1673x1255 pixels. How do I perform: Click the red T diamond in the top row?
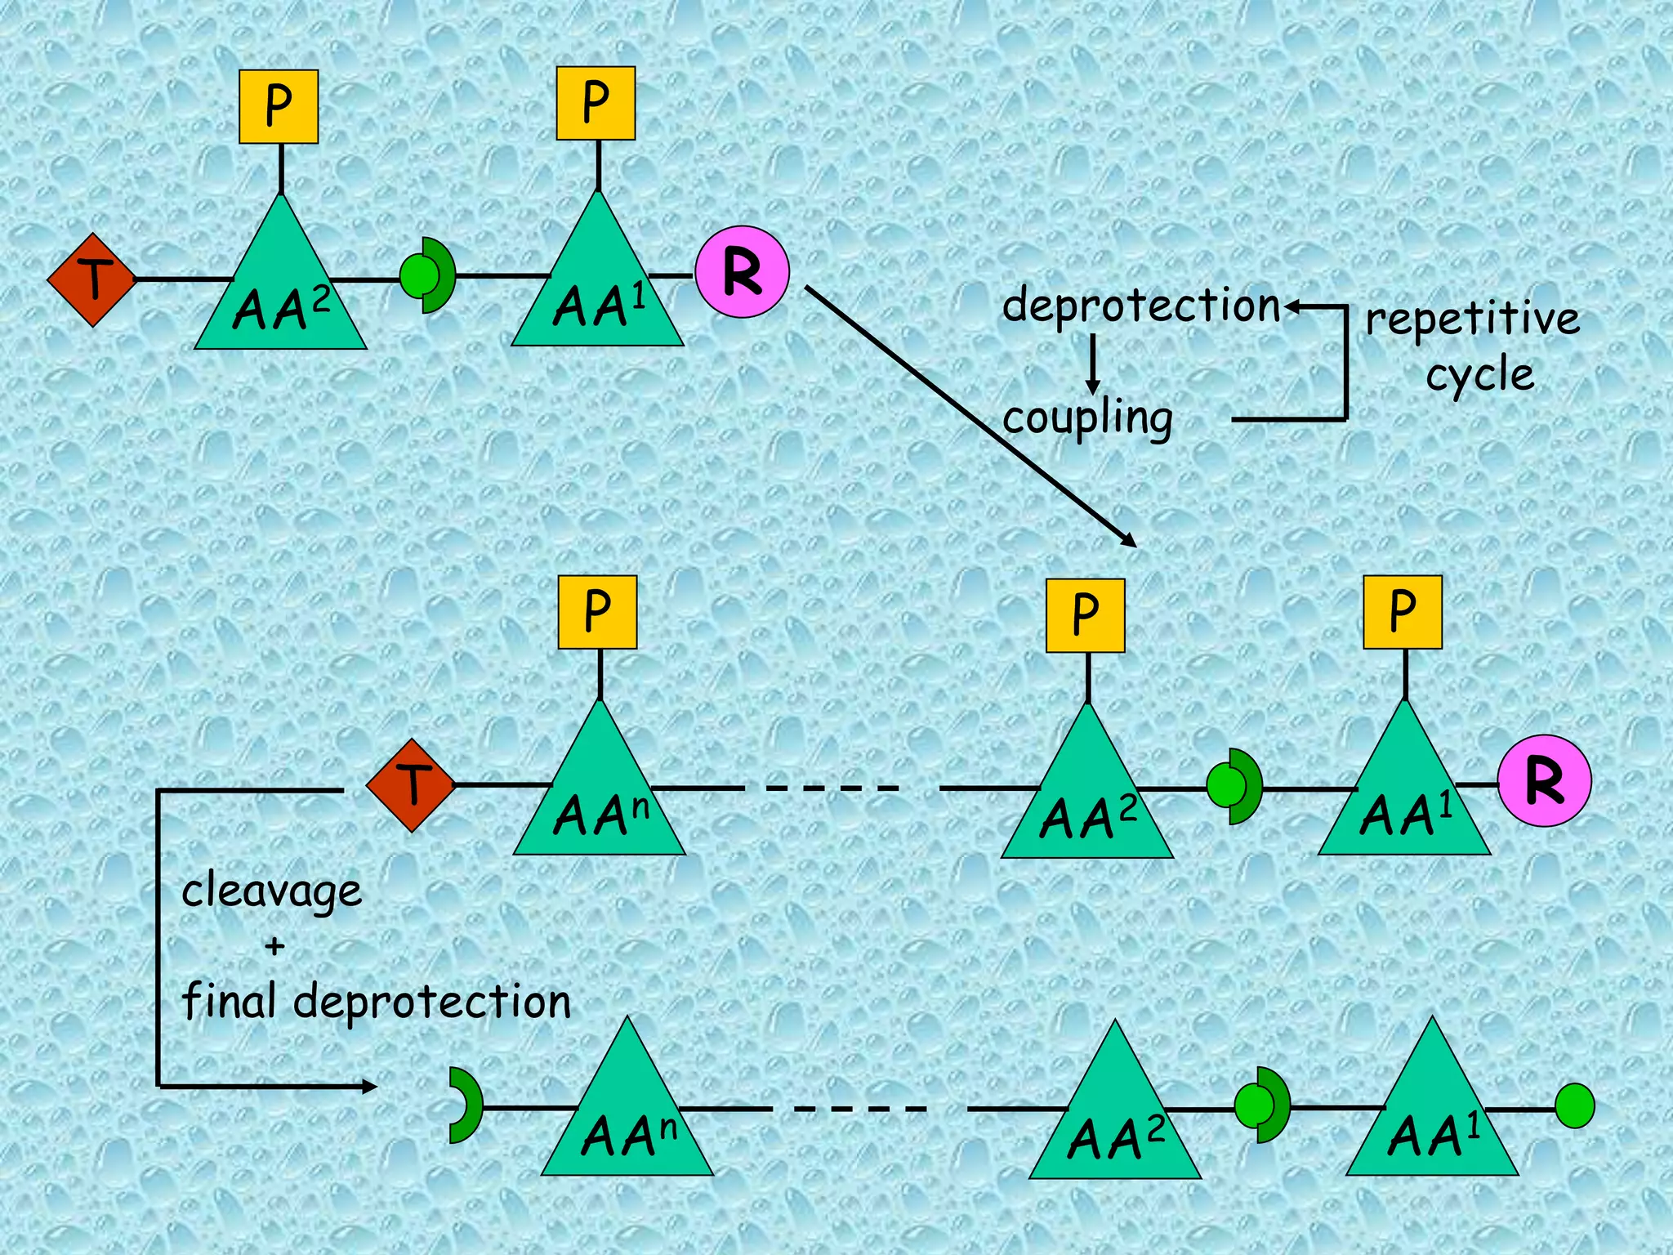(x=92, y=279)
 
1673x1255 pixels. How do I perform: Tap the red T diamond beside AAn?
(x=411, y=785)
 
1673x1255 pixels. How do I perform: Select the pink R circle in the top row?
(x=742, y=272)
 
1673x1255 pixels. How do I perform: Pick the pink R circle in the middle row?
(x=1544, y=781)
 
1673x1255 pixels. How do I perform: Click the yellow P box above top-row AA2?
(x=279, y=106)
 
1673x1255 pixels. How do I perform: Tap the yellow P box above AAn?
(x=597, y=612)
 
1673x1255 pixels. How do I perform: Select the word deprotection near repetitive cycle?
(x=1141, y=306)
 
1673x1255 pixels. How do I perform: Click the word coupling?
(x=1087, y=419)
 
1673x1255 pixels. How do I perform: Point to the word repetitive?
(x=1473, y=319)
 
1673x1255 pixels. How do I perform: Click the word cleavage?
(x=271, y=891)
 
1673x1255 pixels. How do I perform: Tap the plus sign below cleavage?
(x=274, y=946)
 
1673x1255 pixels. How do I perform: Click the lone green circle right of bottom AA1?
(x=1574, y=1106)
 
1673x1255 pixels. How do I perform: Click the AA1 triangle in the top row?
(x=598, y=286)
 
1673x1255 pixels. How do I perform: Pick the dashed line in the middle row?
(x=833, y=788)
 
